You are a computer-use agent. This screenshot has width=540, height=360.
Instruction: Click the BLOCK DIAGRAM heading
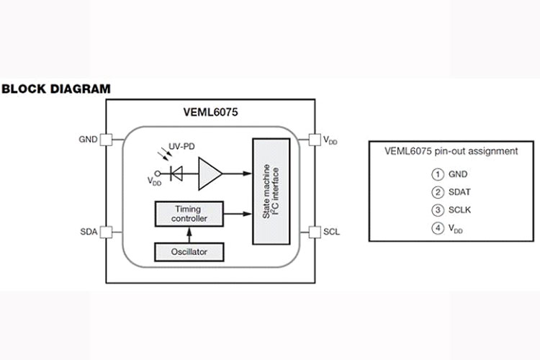click(56, 89)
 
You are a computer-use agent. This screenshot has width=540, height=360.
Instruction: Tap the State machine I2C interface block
click(271, 189)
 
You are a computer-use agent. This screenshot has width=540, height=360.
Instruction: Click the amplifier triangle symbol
click(209, 173)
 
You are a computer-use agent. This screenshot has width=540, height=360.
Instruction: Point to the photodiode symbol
click(176, 173)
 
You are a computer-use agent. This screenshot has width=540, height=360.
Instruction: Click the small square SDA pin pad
click(106, 232)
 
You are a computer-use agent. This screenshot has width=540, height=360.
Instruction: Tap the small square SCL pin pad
click(313, 232)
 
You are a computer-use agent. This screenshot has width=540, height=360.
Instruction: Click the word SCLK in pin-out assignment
click(460, 210)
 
